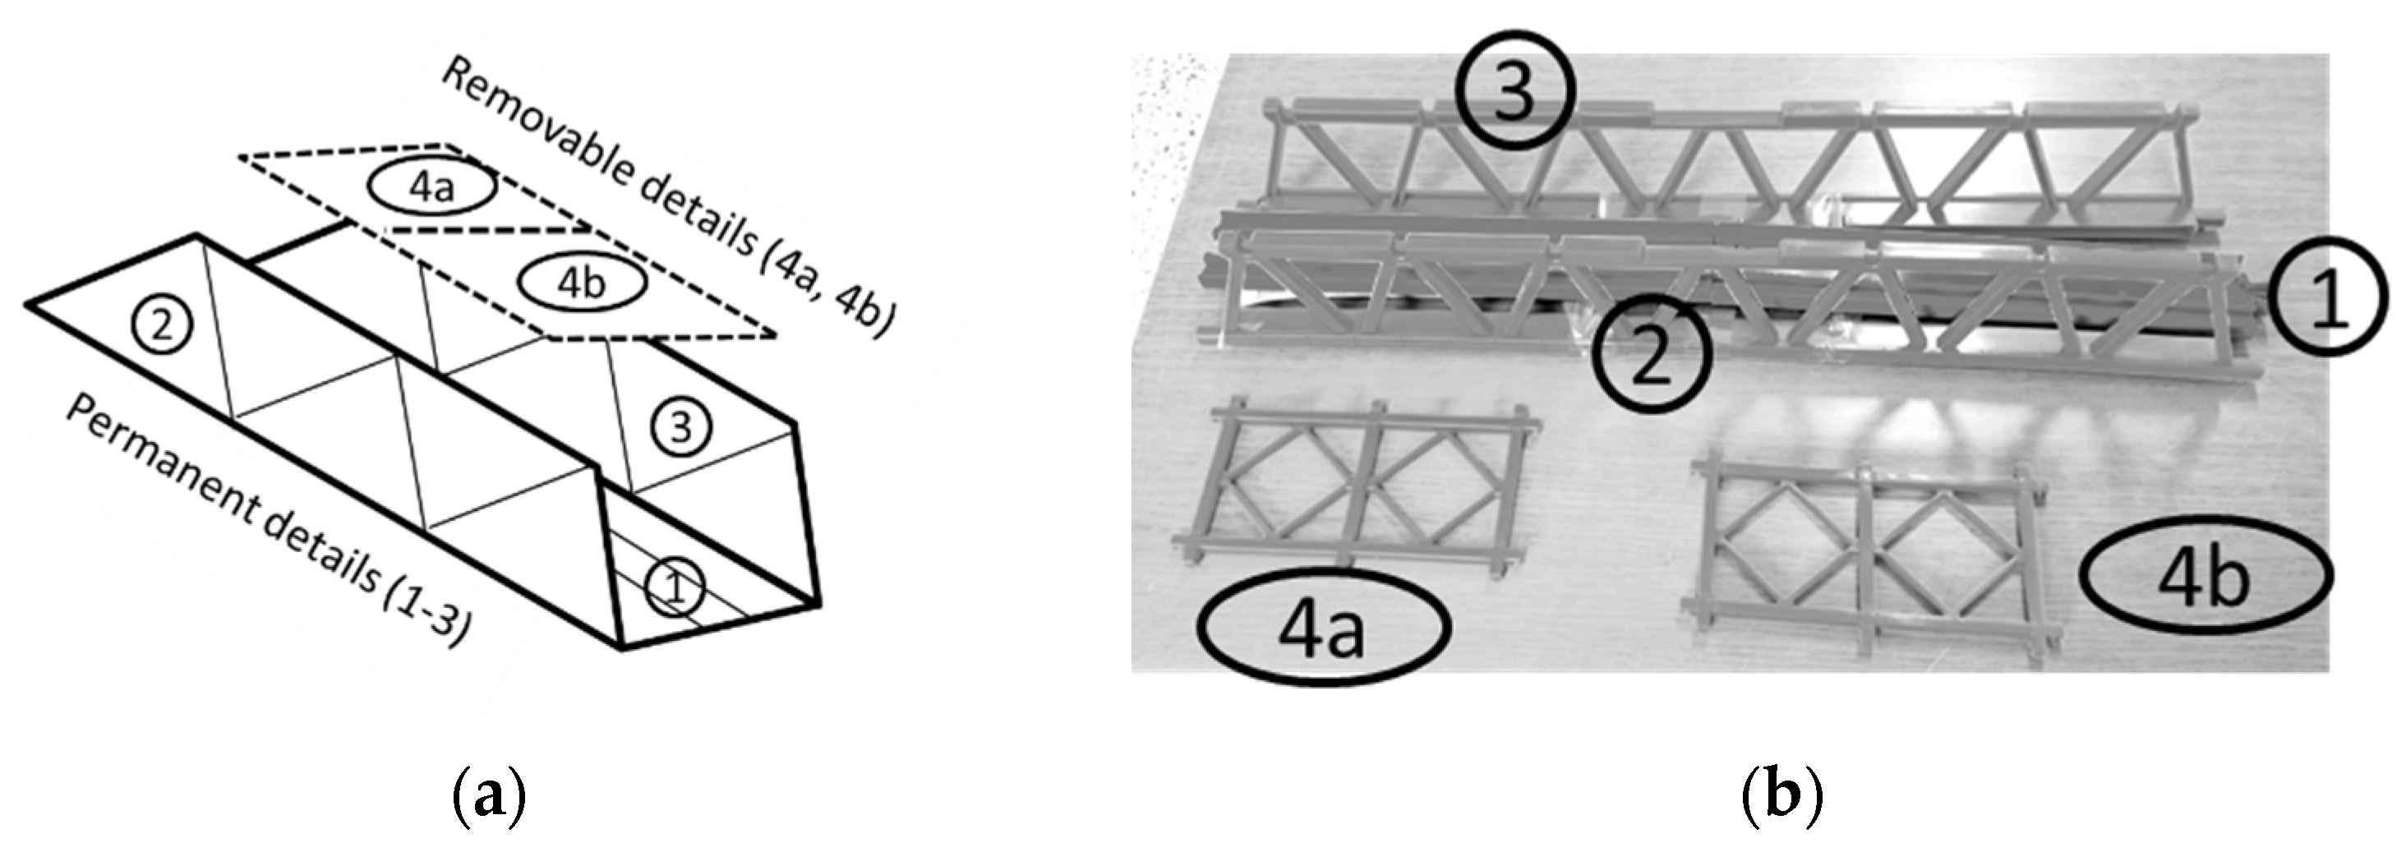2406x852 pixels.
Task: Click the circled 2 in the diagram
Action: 162,327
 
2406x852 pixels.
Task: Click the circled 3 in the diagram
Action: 682,429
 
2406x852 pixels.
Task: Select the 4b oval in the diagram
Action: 581,283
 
